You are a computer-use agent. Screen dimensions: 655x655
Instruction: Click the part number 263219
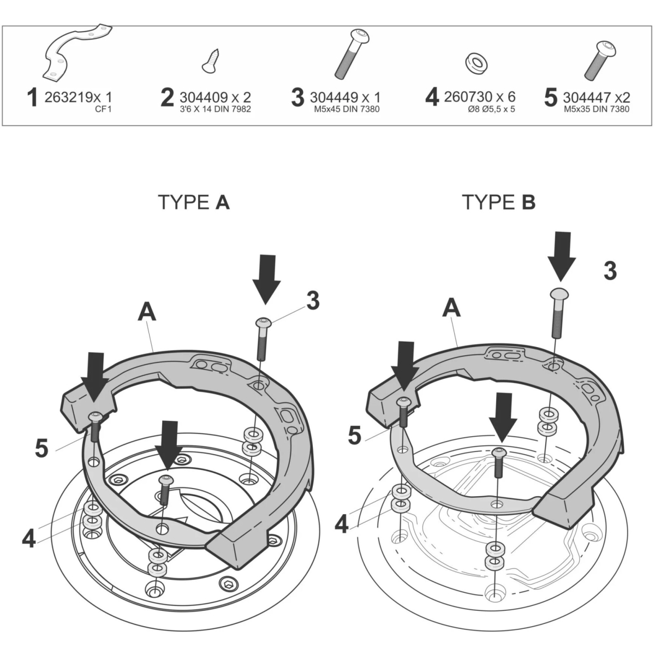pos(68,98)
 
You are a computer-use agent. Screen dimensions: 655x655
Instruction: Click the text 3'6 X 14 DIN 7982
pos(215,109)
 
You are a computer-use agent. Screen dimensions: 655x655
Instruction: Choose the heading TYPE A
pos(193,203)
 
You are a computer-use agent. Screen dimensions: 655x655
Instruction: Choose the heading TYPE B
pos(499,203)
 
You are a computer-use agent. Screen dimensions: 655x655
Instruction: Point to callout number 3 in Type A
pos(312,301)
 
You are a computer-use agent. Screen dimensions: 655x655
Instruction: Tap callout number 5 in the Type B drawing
pos(355,435)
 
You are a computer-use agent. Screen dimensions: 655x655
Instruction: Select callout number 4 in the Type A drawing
pos(29,538)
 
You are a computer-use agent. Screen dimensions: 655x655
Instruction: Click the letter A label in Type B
pos(451,309)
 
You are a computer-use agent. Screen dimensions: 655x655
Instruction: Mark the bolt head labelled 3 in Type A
pos(263,322)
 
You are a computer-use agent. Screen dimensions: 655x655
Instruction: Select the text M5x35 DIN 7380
pos(597,109)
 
